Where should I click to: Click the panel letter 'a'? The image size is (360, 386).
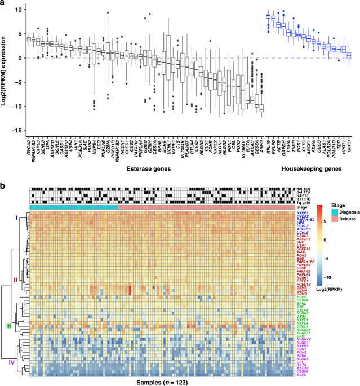(4, 5)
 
